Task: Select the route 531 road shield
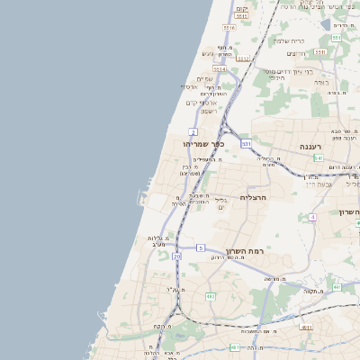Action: (x=247, y=142)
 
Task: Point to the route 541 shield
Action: (x=319, y=157)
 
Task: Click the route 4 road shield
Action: (x=312, y=217)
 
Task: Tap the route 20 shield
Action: (x=177, y=257)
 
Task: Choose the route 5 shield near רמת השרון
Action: (x=200, y=247)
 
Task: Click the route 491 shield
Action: (x=336, y=287)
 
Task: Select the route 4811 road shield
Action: (x=306, y=328)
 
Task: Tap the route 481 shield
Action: (x=235, y=347)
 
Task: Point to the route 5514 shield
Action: (x=220, y=67)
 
